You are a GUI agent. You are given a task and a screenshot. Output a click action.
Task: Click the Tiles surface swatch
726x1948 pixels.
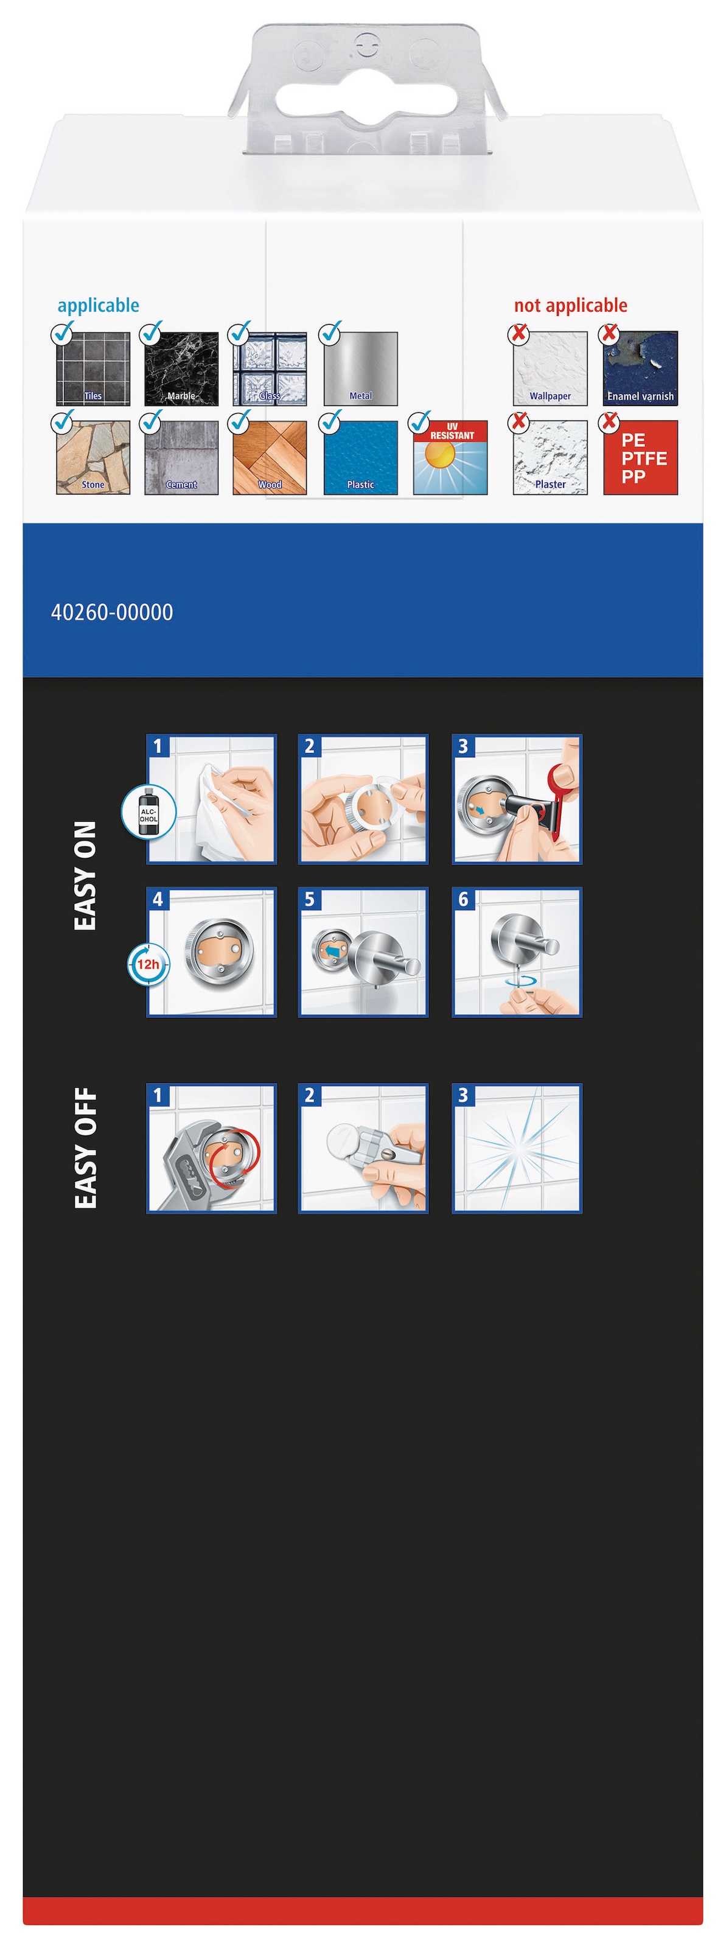93,368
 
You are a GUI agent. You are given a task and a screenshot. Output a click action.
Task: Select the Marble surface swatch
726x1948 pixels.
181,368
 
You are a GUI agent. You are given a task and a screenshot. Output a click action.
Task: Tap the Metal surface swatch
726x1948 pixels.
361,368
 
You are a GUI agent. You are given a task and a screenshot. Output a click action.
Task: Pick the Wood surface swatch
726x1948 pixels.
270,458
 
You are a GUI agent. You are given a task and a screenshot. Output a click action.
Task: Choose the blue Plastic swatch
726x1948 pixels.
361,458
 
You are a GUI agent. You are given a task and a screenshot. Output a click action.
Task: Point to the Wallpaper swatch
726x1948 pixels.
550,368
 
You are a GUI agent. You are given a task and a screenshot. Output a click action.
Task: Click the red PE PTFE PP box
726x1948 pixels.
641,458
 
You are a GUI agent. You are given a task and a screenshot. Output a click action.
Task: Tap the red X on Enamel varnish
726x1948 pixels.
609,333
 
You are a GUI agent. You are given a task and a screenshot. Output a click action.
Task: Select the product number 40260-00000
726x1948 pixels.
112,612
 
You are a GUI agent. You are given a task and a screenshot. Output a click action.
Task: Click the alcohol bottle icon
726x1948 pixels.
149,811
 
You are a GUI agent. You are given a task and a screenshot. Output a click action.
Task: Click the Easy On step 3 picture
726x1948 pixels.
517,799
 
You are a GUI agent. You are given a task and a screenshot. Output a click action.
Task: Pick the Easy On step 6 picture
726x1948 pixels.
517,952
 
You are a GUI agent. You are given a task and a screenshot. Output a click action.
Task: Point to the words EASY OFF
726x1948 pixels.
85,1148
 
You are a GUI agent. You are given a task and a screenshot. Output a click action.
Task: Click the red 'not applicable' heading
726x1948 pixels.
571,306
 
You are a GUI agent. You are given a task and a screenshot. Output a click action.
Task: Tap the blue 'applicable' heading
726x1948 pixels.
99,306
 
